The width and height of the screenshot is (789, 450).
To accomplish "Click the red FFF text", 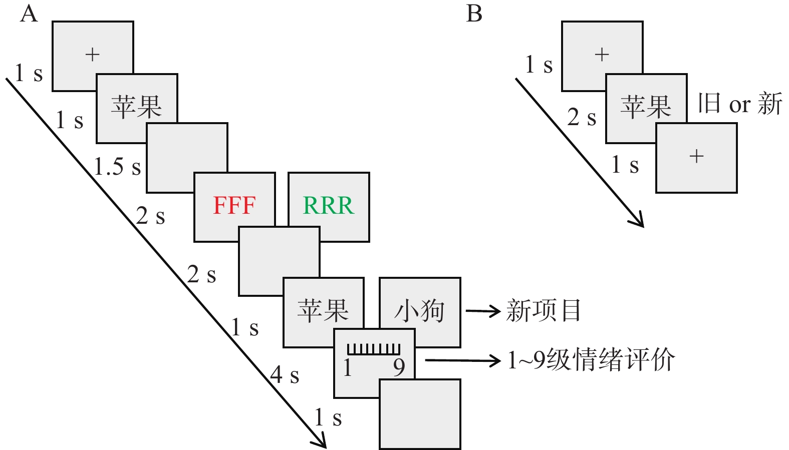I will coord(234,206).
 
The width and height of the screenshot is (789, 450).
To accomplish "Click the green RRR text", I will coord(328,206).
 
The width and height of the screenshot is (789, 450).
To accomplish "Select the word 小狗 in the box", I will coord(419,311).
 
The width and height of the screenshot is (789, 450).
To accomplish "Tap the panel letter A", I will coord(29,14).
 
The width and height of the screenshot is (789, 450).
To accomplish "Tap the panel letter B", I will coord(474,14).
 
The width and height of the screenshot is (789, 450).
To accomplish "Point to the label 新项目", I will coord(544,311).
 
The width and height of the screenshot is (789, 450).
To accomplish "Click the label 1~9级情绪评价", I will coord(591,360).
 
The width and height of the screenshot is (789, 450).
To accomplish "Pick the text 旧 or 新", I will coord(740,104).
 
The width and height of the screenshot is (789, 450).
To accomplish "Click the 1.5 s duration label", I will coord(117,167).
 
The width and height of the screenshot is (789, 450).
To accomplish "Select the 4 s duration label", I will coord(285,374).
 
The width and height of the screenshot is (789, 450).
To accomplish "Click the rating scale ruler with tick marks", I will coord(374,349).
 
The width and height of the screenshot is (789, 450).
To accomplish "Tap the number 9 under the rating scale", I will coord(399,368).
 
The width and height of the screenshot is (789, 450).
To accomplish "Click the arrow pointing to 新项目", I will coord(483,311).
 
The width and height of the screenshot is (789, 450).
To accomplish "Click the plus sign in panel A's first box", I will coord(93,54).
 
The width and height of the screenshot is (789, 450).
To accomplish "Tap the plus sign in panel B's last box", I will coord(696,156).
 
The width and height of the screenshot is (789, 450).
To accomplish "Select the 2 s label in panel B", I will coord(582,118).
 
